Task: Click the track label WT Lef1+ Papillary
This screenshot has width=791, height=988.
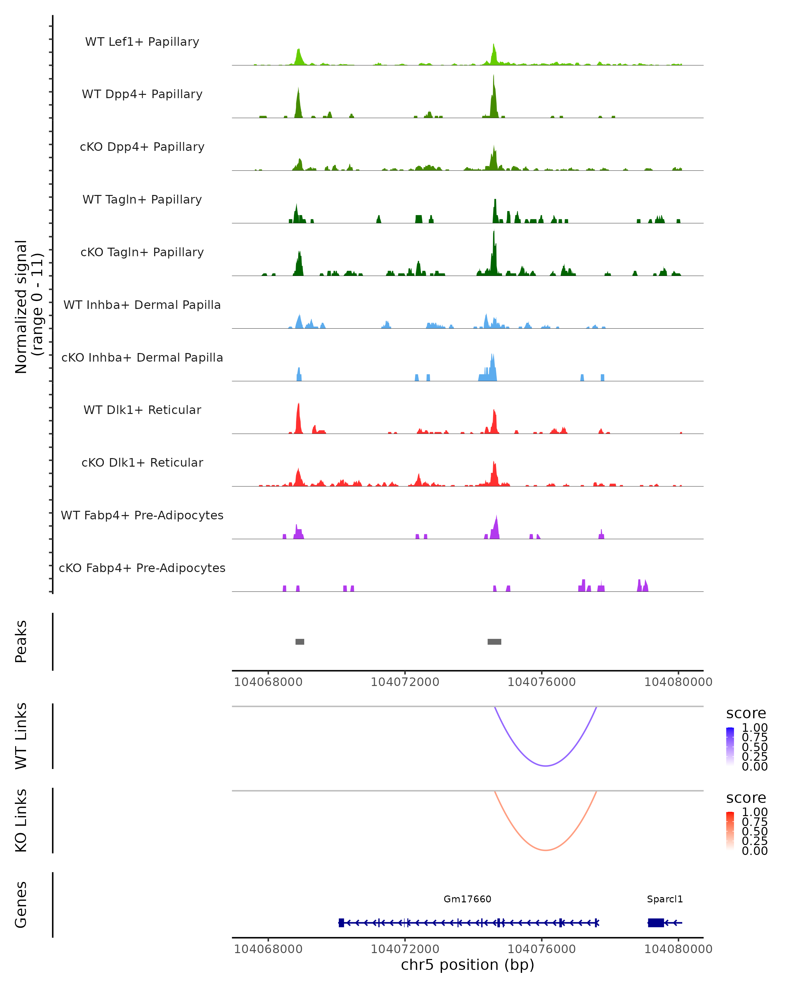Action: click(x=142, y=42)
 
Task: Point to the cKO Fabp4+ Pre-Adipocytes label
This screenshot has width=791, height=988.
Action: click(x=142, y=568)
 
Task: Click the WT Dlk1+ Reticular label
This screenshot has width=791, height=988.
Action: click(x=142, y=410)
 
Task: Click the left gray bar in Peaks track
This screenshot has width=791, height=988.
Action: click(x=300, y=642)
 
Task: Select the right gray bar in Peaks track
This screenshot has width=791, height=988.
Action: click(x=494, y=642)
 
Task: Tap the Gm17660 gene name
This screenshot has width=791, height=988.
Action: click(x=467, y=899)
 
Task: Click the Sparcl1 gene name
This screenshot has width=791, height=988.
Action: click(x=665, y=899)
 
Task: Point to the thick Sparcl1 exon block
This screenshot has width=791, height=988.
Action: click(x=656, y=922)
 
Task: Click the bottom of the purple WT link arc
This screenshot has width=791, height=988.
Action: click(x=546, y=766)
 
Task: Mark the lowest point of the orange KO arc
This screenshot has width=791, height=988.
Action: click(x=546, y=850)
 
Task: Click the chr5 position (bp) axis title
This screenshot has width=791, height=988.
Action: click(x=467, y=965)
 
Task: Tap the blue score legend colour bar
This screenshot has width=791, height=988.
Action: click(x=730, y=747)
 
